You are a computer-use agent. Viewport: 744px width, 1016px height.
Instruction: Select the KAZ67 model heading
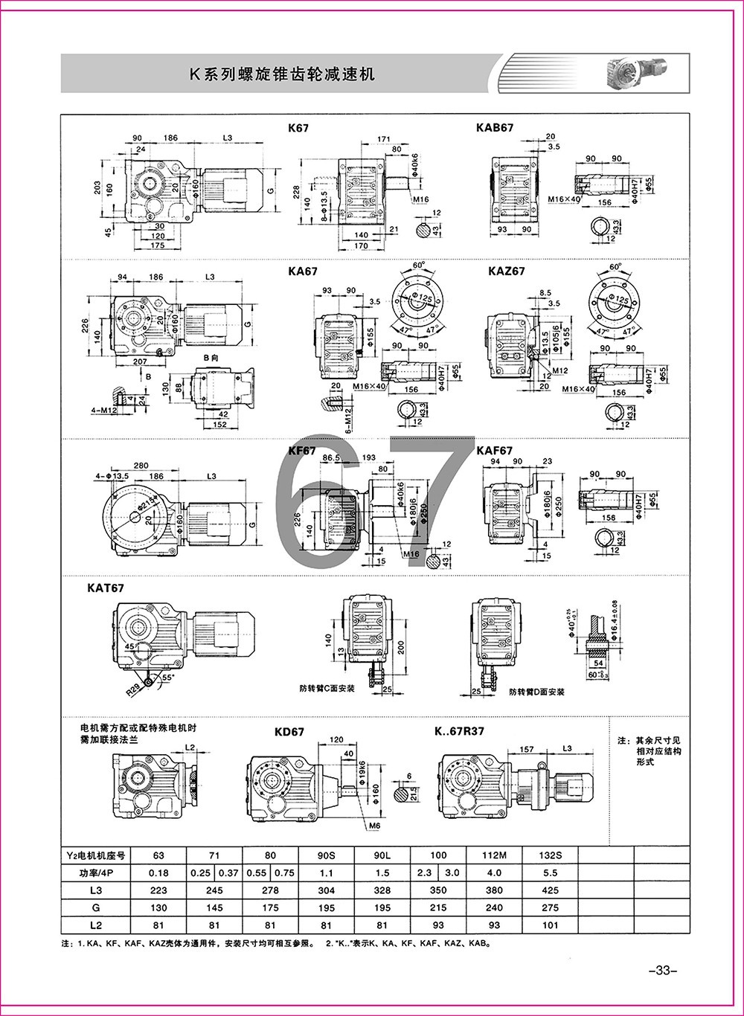pos(507,271)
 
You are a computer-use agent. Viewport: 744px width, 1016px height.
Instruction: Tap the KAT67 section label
pos(105,588)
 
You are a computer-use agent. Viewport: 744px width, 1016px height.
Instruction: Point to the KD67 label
pos(289,731)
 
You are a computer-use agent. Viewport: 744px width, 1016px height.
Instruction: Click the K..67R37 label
pos(459,730)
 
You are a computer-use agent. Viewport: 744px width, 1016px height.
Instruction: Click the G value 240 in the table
pos(494,907)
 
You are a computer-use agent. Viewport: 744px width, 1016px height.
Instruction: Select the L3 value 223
pos(158,890)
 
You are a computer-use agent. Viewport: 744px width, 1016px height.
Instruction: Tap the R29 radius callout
pos(133,690)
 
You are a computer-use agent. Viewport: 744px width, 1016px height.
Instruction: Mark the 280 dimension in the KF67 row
pos(121,464)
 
